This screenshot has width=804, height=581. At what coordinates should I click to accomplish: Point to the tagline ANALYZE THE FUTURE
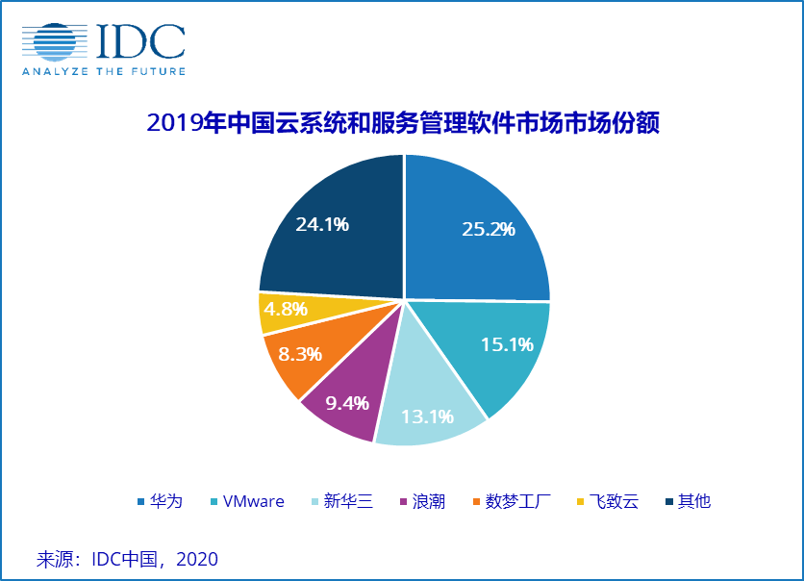coord(104,71)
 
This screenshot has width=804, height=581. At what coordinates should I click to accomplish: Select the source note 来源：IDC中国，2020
coord(127,559)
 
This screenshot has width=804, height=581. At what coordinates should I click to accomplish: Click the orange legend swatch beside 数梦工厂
coord(477,502)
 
